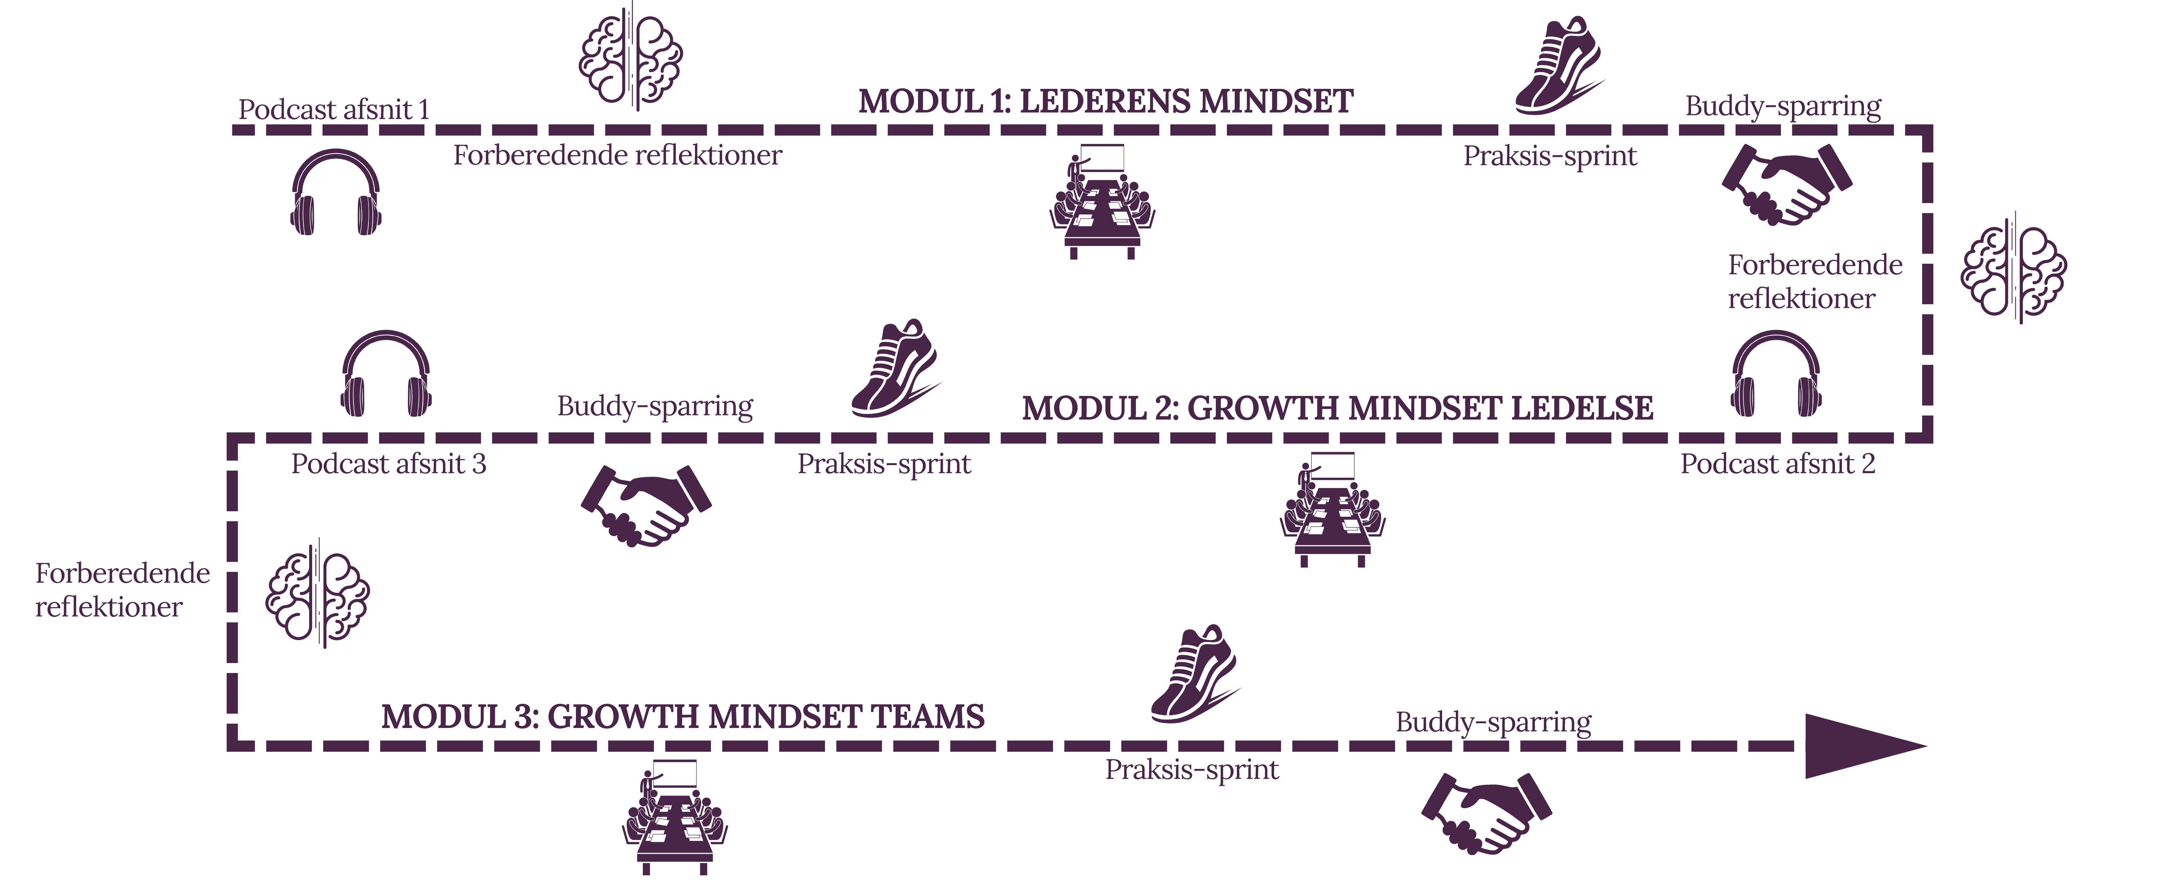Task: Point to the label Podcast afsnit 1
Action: [334, 109]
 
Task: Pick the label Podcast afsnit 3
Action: [388, 464]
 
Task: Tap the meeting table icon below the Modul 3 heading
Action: [675, 818]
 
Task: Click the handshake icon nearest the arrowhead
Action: [1486, 813]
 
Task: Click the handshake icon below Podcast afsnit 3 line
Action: [646, 506]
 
